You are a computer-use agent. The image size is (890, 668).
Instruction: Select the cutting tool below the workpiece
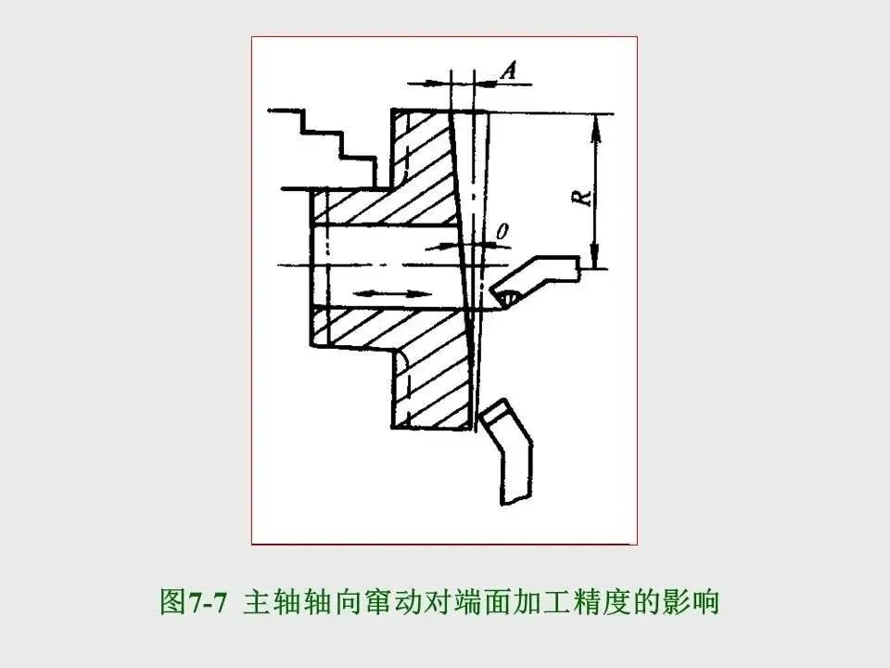pyautogui.click(x=508, y=451)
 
